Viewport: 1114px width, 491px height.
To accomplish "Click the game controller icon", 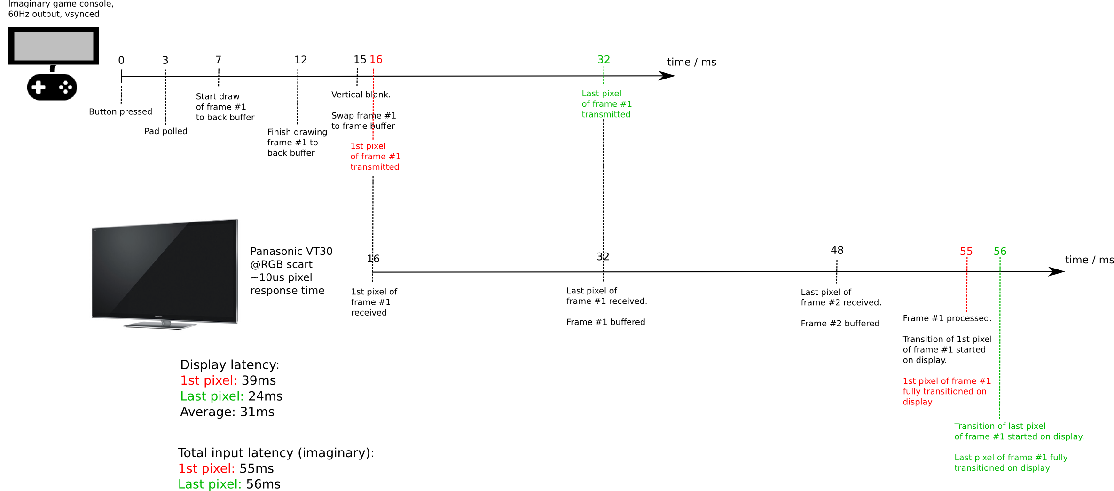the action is tap(52, 87).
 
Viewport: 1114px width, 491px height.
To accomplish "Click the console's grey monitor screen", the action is tap(54, 46).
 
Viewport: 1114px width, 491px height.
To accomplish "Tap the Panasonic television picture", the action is tap(165, 274).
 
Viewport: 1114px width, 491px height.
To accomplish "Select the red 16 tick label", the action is tap(376, 60).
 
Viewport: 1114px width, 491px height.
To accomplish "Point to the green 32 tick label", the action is tap(604, 60).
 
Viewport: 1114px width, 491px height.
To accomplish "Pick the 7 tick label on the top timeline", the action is tap(218, 60).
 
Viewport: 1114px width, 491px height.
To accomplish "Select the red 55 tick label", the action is tap(966, 252).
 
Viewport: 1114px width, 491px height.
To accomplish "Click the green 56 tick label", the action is tap(1000, 252).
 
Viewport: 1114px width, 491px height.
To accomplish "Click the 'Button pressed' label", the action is tap(120, 112).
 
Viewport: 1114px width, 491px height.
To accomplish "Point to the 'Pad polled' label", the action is tap(166, 131).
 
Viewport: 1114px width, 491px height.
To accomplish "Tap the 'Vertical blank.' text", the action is tap(361, 95).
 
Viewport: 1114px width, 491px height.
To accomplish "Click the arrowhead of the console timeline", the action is tap(667, 76).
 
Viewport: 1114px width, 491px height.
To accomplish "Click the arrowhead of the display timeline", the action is tap(1057, 271).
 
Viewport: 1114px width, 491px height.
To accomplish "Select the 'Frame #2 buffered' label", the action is tap(840, 324).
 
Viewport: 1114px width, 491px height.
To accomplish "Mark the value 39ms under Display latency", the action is tap(259, 380).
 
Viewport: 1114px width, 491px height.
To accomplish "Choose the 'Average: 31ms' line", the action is tap(227, 412).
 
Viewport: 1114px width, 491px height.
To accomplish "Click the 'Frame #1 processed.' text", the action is tap(947, 318).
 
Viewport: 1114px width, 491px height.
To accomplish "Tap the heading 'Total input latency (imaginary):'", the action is tap(276, 453).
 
